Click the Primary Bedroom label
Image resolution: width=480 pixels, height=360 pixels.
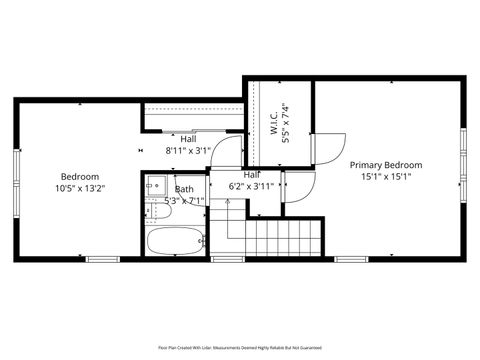385,165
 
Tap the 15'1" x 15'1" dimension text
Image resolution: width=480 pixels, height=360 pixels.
385,177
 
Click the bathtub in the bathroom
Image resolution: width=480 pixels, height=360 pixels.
175,240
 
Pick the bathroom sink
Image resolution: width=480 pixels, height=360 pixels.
156,186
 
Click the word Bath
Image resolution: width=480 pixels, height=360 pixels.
185,189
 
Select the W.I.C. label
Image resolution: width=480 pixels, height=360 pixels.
273,123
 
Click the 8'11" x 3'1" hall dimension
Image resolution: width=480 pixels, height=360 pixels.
188,151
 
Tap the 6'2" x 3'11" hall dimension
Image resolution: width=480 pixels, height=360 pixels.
251,186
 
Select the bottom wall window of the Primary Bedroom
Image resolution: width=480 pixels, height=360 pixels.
351,258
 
